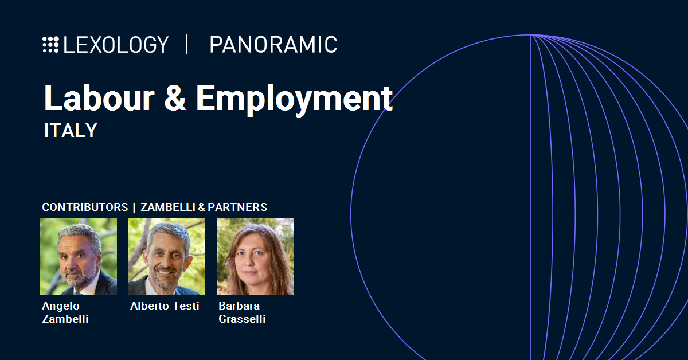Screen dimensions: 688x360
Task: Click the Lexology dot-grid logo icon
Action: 50,45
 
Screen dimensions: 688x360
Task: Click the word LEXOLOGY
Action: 116,45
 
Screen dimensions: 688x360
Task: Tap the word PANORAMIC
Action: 273,45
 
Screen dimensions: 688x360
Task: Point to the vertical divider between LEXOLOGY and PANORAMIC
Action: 187,45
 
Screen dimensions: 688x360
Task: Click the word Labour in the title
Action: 99,97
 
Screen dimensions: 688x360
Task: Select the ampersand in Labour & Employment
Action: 175,97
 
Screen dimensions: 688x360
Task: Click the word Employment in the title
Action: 294,99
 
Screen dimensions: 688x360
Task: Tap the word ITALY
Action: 71,130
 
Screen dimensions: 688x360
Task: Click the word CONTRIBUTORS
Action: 85,207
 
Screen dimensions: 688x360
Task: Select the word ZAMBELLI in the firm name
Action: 168,207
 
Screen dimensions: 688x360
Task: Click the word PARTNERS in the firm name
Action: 237,207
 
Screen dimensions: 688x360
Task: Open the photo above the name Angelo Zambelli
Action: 79,256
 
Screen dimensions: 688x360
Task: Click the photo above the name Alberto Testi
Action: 167,256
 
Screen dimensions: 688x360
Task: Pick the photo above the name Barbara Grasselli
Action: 255,256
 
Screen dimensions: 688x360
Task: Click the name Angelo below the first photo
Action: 61,306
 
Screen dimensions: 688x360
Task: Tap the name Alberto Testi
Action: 165,306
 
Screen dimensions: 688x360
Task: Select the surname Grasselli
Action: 242,319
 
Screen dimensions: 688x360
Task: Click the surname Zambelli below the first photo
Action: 65,319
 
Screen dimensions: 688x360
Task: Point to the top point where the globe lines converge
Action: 531,35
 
